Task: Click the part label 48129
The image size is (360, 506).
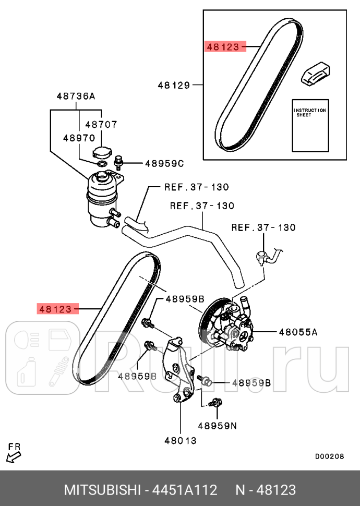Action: (x=174, y=85)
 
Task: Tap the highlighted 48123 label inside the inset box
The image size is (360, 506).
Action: (x=223, y=47)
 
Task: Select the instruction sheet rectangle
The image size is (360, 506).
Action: (x=310, y=125)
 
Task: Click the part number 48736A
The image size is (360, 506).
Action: (x=76, y=96)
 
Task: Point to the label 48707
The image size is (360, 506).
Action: (x=101, y=124)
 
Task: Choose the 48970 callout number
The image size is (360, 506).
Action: (x=79, y=138)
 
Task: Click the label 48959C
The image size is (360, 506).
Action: (x=164, y=164)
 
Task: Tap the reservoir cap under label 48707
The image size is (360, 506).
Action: (x=101, y=152)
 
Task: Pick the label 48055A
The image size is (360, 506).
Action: (x=298, y=332)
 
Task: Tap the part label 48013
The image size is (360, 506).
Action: (x=180, y=440)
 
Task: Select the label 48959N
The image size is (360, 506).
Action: (x=217, y=426)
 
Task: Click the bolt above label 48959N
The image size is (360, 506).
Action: (x=215, y=402)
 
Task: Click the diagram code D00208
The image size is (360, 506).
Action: (x=330, y=456)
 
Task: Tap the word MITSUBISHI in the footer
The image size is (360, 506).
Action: (x=102, y=490)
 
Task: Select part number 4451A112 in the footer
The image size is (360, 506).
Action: (x=185, y=490)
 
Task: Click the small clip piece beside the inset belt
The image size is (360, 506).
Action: (x=316, y=75)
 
